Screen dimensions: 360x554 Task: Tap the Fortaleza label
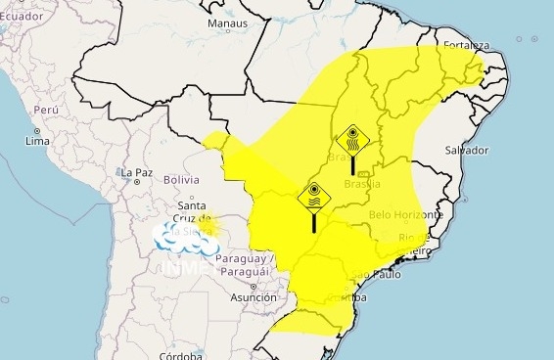coord(466,45)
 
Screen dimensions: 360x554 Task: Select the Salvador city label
coord(466,150)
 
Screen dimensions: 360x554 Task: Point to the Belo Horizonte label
coord(406,214)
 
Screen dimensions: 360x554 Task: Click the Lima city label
coord(38,142)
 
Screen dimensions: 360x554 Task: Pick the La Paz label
coord(138,173)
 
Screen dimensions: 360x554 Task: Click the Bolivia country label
coord(181,180)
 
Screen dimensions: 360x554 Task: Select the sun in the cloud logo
coord(212,228)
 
